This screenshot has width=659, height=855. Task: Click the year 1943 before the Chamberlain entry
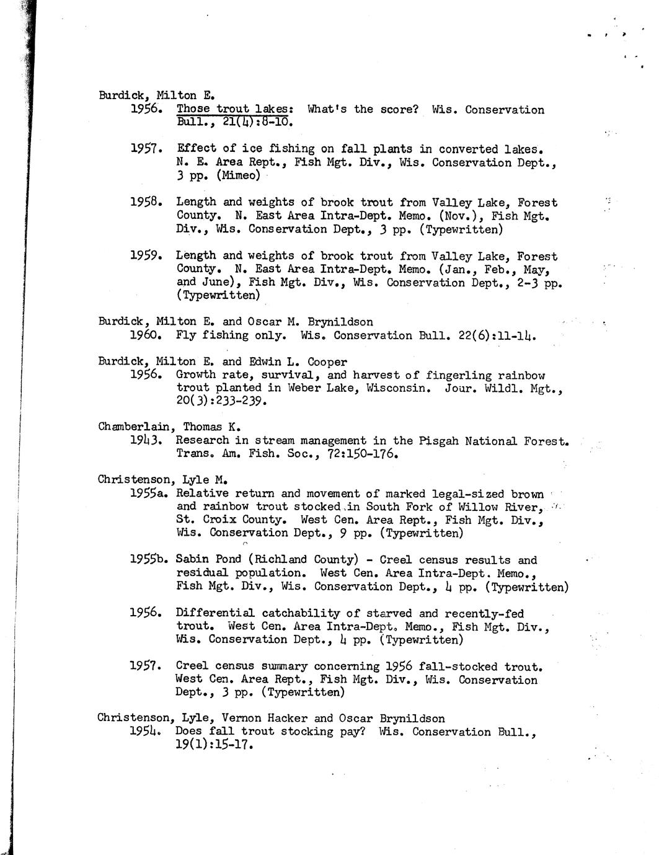coord(146,440)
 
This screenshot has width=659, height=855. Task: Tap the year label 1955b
coord(149,559)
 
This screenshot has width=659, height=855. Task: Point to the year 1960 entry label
coord(146,335)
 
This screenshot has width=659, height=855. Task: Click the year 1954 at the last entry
coord(146,731)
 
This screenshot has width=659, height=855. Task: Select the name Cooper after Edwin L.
coord(325,361)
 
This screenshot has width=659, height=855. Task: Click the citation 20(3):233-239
coord(221,401)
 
